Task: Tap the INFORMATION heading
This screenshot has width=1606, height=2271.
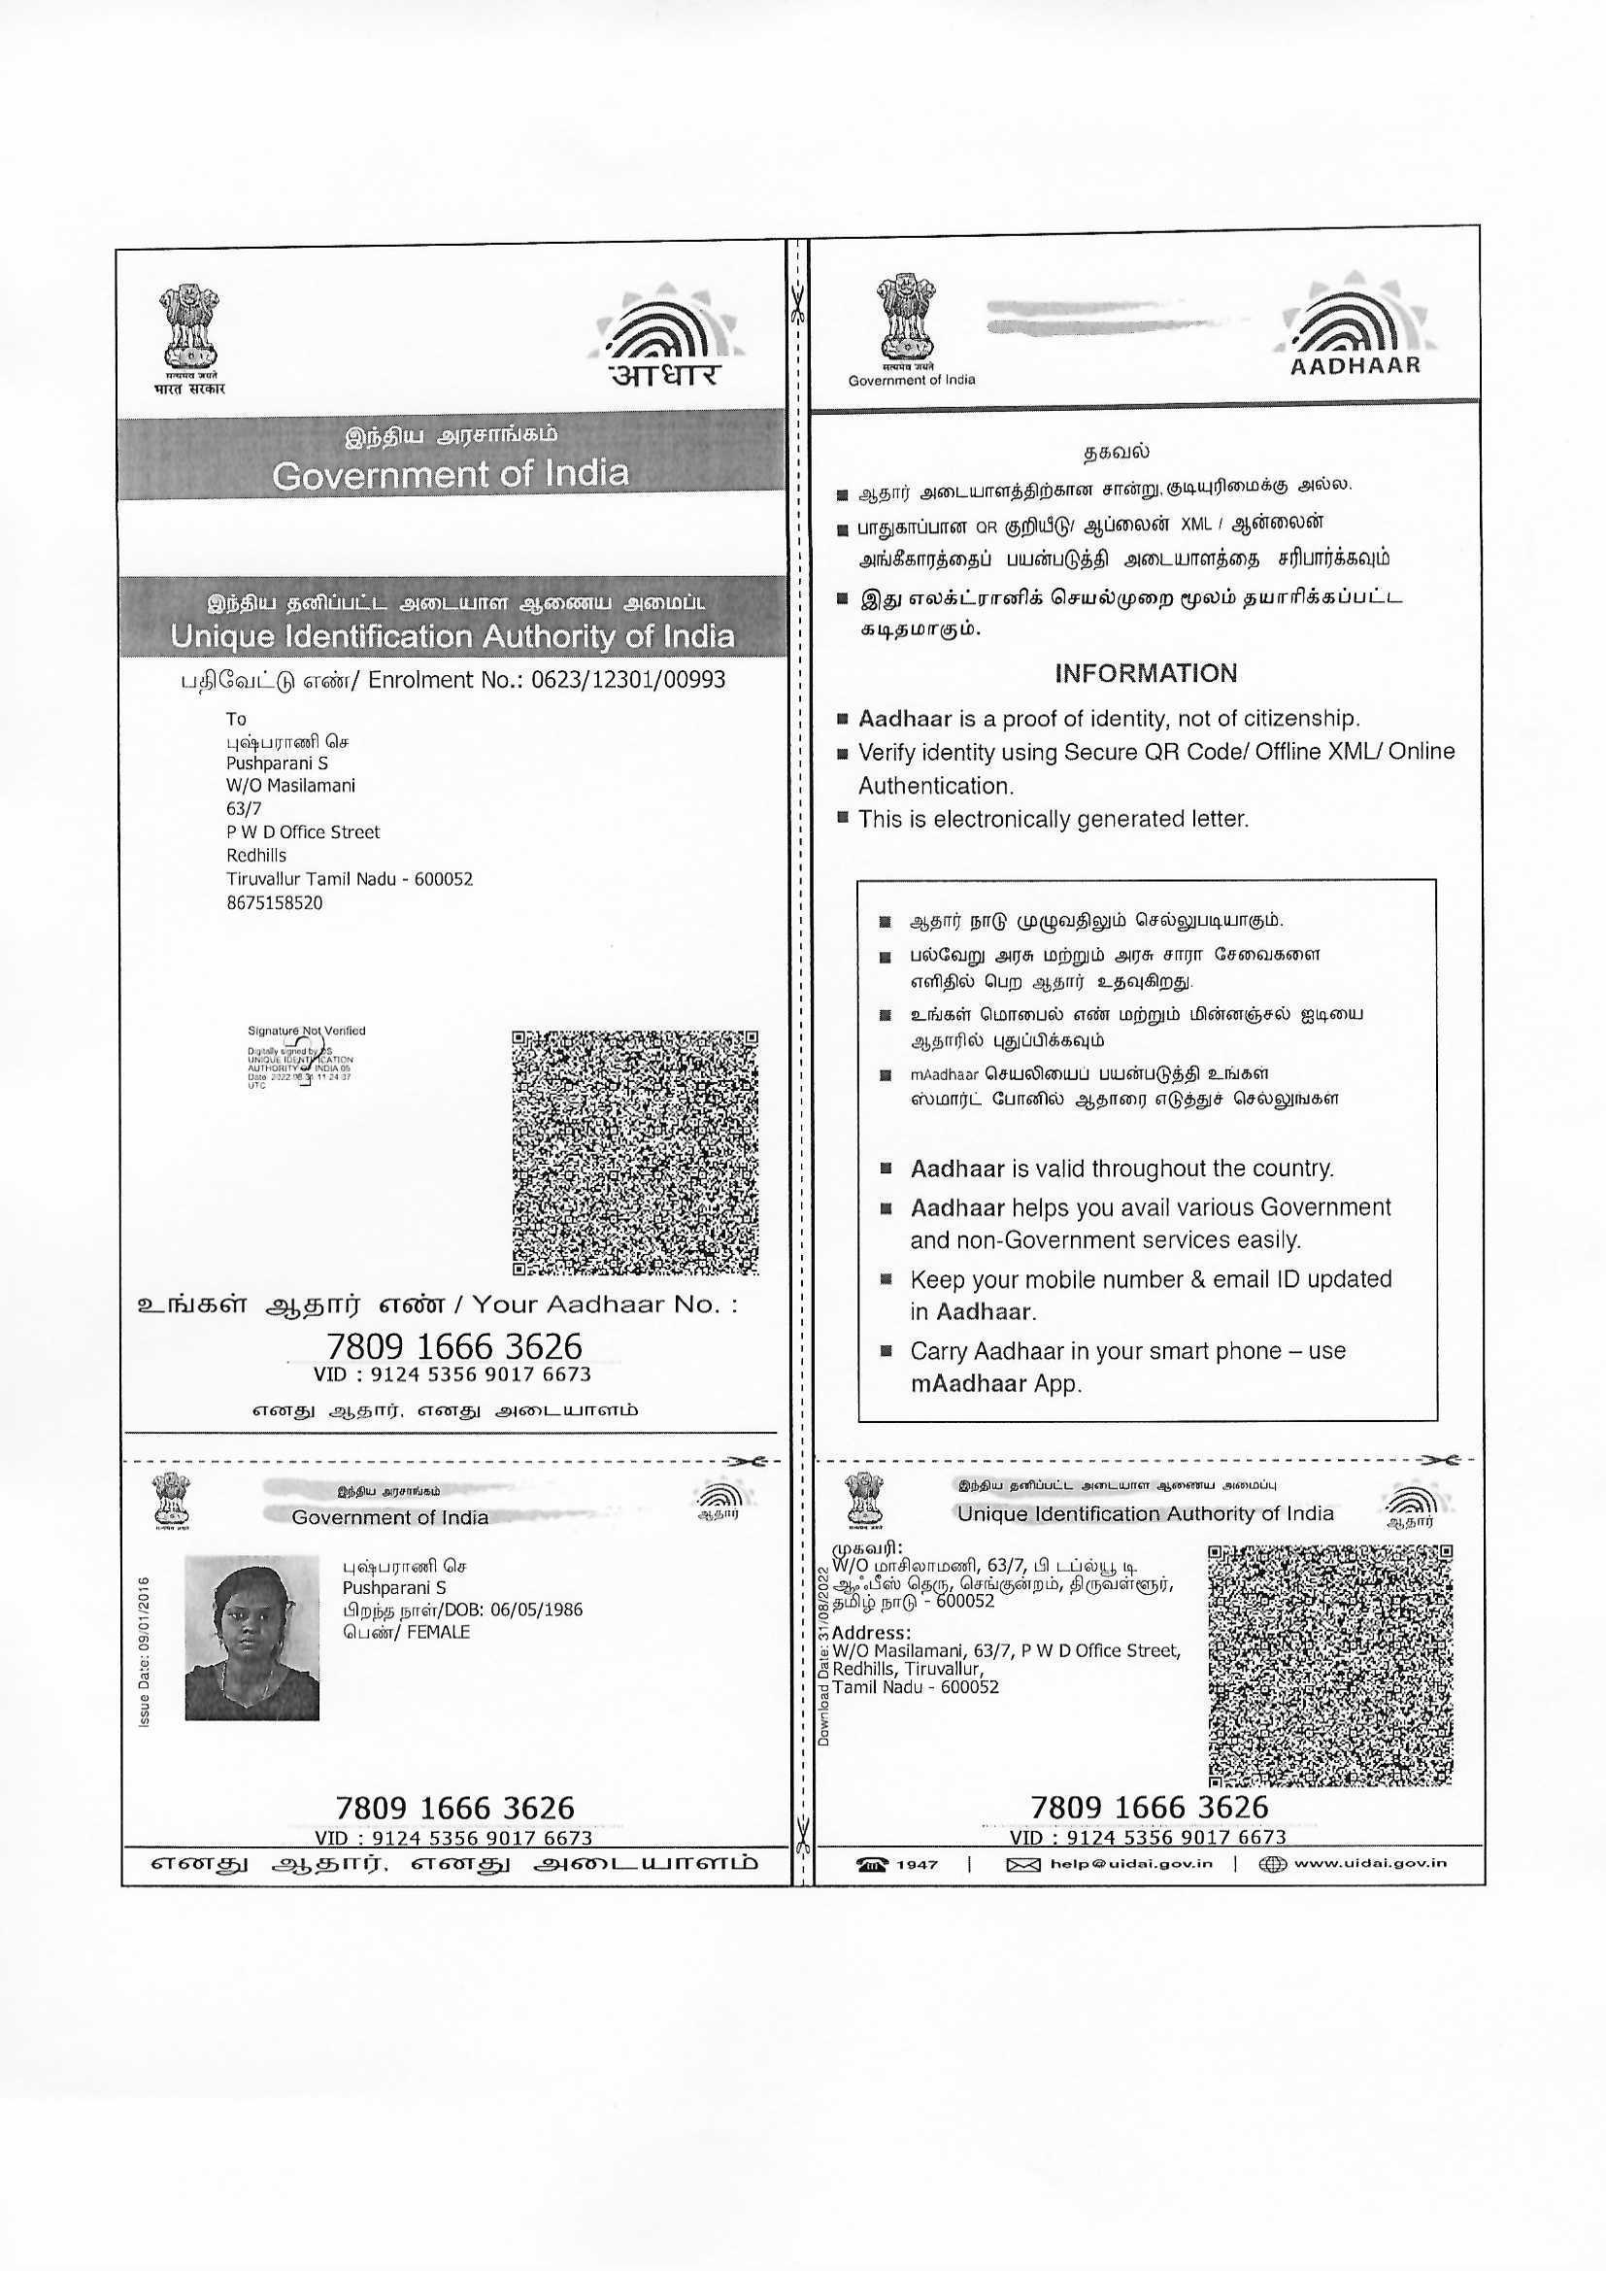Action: (1145, 673)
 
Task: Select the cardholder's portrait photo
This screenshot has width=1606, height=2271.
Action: (252, 1637)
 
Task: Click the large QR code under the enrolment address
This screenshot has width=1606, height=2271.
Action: (635, 1152)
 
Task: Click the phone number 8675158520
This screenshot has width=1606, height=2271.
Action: (274, 902)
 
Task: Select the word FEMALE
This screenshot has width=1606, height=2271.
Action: (438, 1632)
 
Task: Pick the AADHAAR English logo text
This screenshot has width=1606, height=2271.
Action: (1355, 365)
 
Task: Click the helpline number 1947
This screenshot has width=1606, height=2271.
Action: (917, 1864)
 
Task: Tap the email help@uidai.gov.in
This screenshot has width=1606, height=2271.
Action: (1130, 1863)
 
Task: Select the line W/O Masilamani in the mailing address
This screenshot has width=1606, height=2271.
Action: (290, 786)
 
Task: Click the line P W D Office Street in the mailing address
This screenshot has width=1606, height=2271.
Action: (303, 831)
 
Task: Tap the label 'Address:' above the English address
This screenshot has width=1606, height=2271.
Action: (871, 1632)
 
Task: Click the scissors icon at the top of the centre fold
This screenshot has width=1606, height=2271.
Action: (798, 301)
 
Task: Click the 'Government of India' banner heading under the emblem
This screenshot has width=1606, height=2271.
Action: (450, 475)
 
